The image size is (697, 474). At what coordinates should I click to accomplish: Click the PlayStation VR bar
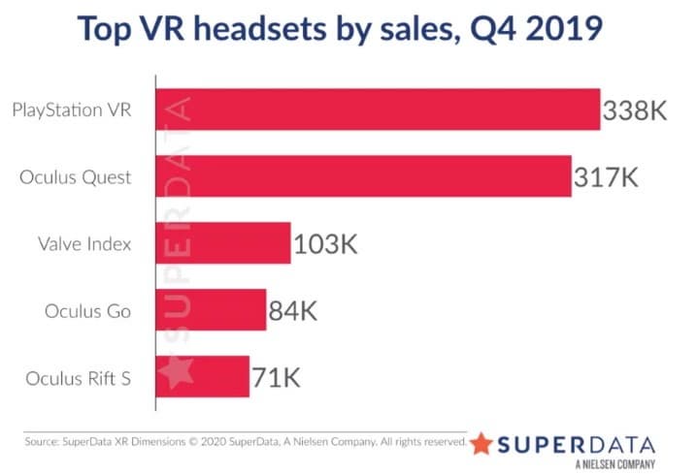[x=379, y=110]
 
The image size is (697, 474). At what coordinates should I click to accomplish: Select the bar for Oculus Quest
[x=364, y=176]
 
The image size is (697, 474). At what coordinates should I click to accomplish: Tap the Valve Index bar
[x=223, y=243]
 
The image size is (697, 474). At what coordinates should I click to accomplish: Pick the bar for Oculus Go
[x=211, y=310]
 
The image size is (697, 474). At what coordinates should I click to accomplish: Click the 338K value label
[x=634, y=111]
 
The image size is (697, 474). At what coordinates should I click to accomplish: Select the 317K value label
[x=606, y=177]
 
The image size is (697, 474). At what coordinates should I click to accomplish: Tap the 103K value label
[x=325, y=244]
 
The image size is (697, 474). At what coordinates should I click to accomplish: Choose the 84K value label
[x=294, y=311]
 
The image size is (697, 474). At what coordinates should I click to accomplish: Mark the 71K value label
[x=276, y=375]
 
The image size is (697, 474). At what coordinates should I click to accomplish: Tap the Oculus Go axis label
[x=101, y=311]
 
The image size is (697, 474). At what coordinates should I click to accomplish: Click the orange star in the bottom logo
[x=481, y=443]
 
